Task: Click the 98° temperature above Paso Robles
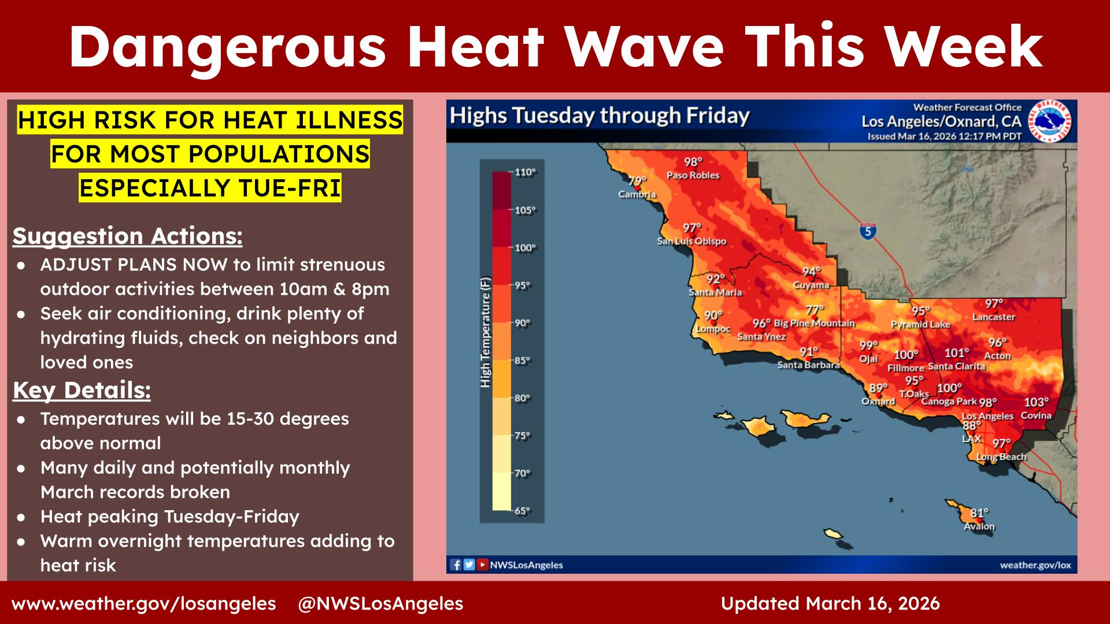click(693, 162)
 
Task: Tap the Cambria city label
click(637, 195)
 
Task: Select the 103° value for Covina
click(1036, 403)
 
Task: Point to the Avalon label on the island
click(979, 526)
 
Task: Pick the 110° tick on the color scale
click(526, 172)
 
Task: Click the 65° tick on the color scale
click(523, 511)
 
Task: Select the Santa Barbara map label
click(808, 365)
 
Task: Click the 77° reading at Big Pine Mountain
click(815, 310)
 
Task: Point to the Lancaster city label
click(994, 317)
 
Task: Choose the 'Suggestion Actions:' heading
click(128, 236)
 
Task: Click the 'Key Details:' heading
click(82, 391)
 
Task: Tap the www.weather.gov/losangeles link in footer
click(144, 604)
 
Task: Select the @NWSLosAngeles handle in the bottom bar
click(380, 604)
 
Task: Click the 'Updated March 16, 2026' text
click(830, 604)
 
